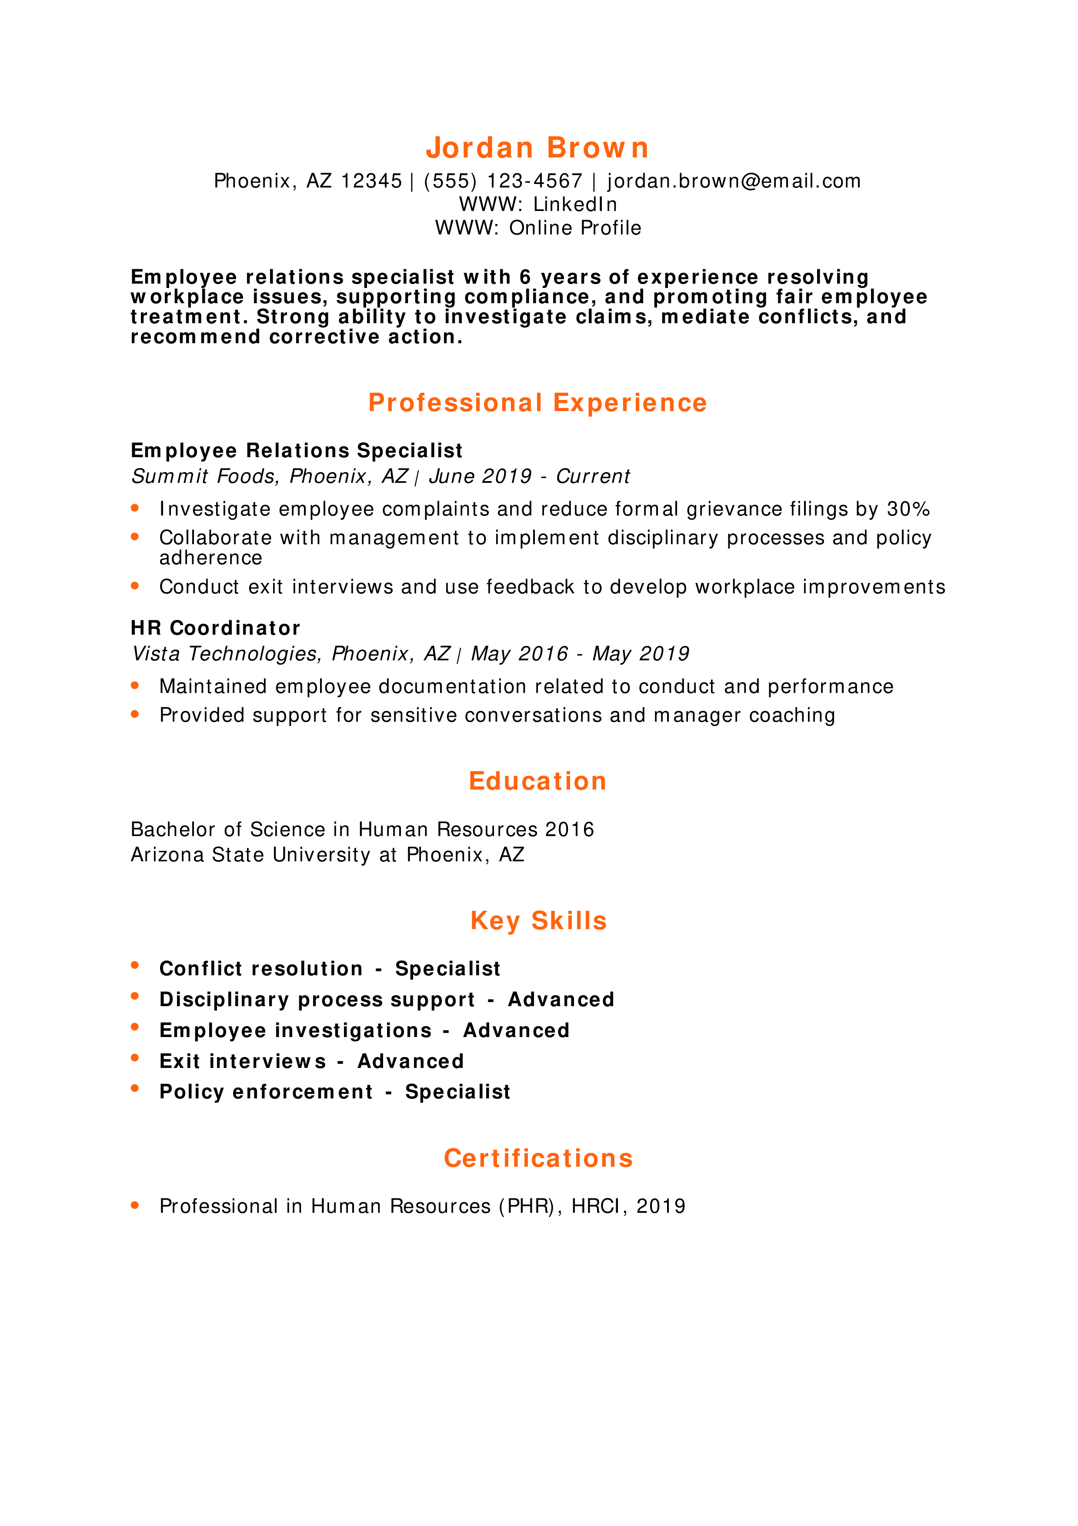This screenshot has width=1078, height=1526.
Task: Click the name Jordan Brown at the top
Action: [x=537, y=147]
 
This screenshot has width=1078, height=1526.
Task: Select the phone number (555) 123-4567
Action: [x=503, y=181]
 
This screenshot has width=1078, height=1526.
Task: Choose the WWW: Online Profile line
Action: [x=538, y=228]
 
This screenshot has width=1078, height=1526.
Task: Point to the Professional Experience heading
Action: [x=537, y=403]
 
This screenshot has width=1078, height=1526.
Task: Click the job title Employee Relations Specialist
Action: [x=296, y=451]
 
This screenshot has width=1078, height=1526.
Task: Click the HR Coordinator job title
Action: [x=215, y=628]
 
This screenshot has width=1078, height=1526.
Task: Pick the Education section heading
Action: [x=537, y=781]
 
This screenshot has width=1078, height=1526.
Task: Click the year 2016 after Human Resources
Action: [x=569, y=830]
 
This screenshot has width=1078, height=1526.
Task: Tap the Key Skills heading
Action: [x=538, y=920]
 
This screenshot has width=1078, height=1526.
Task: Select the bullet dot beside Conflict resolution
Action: [x=135, y=965]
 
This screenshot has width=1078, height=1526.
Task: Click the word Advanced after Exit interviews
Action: [x=411, y=1061]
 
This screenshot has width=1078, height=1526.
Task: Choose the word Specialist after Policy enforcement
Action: [x=457, y=1092]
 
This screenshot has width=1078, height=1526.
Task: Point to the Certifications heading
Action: [x=538, y=1158]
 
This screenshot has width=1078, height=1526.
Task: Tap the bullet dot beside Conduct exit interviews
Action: [x=135, y=586]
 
